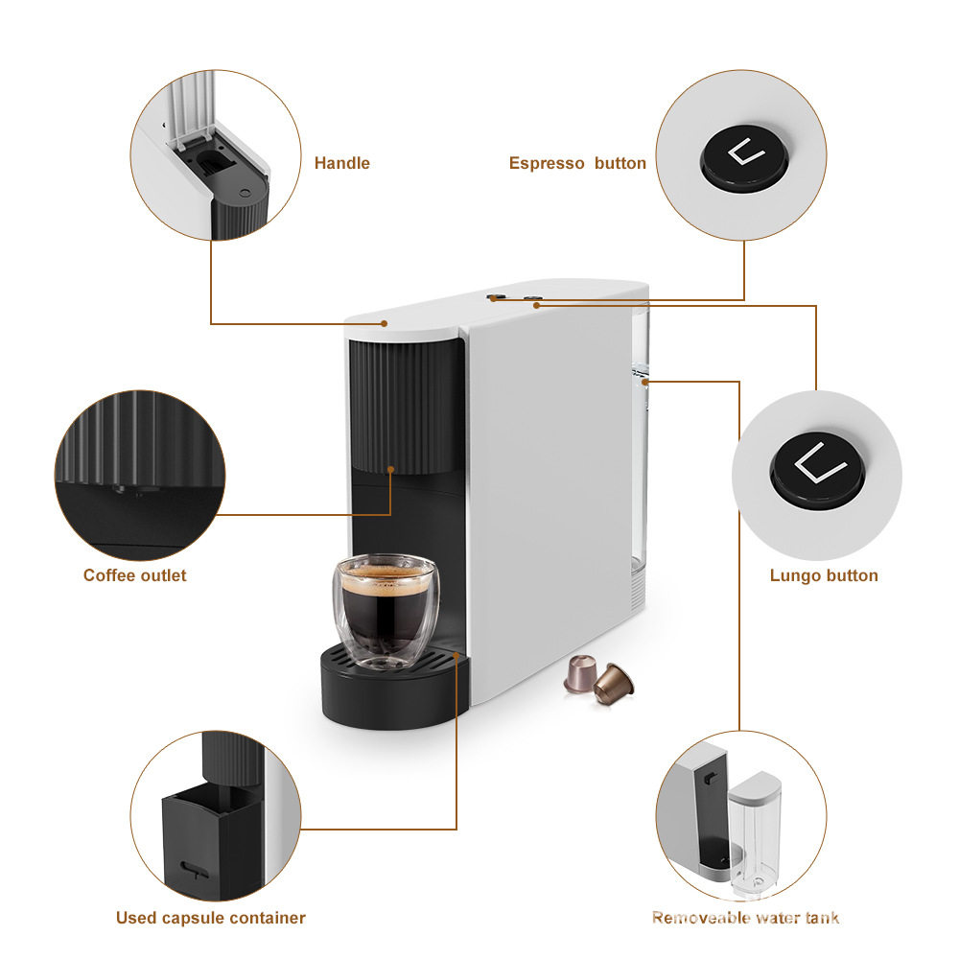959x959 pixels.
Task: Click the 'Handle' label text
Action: pyautogui.click(x=341, y=163)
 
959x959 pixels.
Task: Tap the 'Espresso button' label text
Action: pyautogui.click(x=577, y=163)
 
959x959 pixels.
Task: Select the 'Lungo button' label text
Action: pyautogui.click(x=824, y=575)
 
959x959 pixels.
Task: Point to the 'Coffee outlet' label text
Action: pyautogui.click(x=135, y=575)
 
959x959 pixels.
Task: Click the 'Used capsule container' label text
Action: pyautogui.click(x=211, y=918)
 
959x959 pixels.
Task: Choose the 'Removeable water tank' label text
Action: pyautogui.click(x=745, y=918)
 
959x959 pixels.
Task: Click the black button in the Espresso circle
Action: pyautogui.click(x=741, y=156)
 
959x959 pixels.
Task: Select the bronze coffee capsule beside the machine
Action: pyautogui.click(x=614, y=684)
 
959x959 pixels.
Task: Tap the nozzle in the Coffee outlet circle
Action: pyautogui.click(x=121, y=490)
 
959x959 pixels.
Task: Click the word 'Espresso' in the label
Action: pyautogui.click(x=547, y=163)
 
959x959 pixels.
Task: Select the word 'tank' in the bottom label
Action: pyautogui.click(x=821, y=918)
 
